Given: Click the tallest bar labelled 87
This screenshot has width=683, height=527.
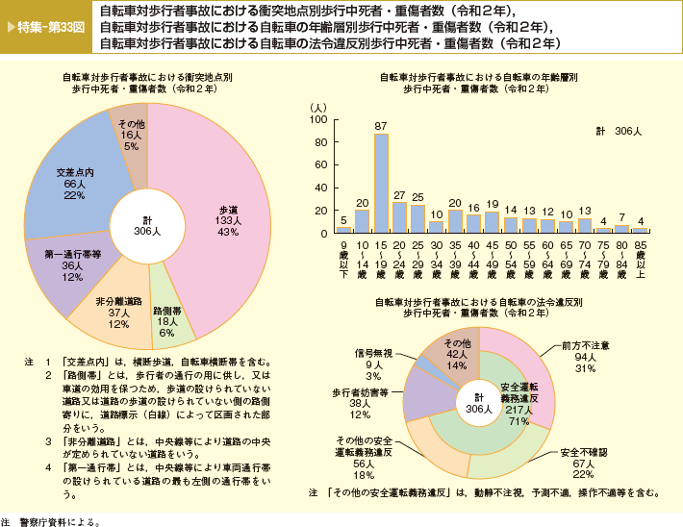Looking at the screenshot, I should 381,183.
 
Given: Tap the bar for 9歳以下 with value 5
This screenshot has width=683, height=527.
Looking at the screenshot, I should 343,231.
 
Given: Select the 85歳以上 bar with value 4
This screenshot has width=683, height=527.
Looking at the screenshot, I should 643,231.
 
